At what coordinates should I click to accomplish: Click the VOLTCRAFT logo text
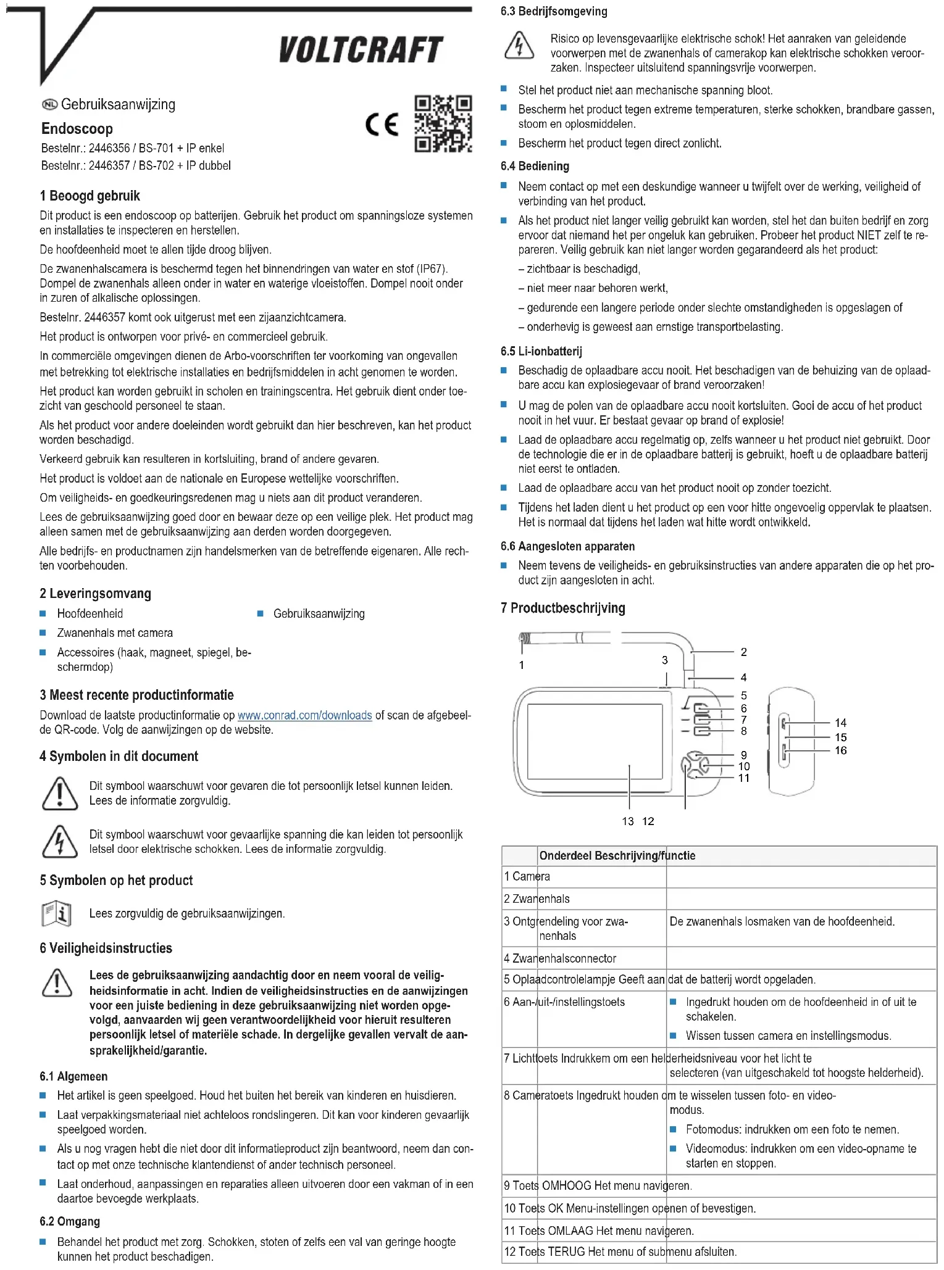point(361,50)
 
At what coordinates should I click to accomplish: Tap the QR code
point(443,123)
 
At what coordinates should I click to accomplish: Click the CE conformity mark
point(382,125)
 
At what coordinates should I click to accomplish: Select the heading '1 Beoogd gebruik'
point(90,196)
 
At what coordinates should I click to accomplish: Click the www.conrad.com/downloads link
point(304,715)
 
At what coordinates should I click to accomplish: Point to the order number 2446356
point(109,148)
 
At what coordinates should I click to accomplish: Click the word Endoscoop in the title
point(77,129)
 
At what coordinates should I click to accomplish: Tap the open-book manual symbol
point(56,914)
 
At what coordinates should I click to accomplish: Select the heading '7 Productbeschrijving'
point(562,608)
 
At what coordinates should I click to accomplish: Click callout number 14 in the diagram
point(840,723)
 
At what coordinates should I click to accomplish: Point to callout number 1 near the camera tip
point(522,665)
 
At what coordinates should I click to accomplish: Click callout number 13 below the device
point(627,821)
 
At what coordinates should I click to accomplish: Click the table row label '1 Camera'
point(527,876)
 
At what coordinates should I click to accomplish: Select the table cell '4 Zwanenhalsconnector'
point(560,958)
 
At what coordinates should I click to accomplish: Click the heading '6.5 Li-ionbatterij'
point(541,352)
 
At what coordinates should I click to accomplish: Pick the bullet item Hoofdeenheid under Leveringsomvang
point(90,614)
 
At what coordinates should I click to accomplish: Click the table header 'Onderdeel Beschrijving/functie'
point(617,856)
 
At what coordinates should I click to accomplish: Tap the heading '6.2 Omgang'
point(69,1222)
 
